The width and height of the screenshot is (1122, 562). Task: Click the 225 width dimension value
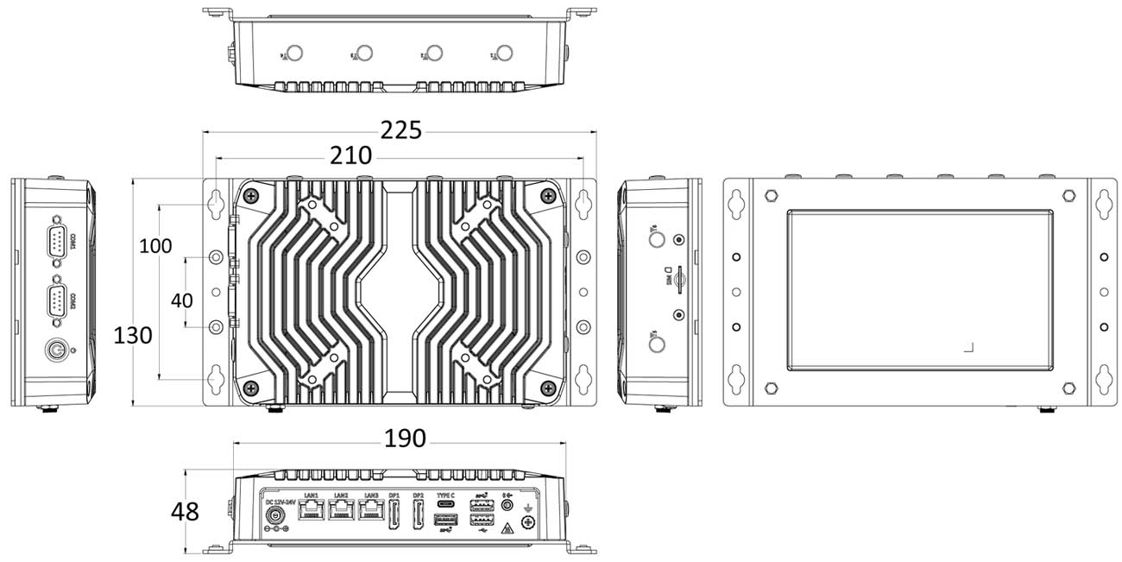click(402, 130)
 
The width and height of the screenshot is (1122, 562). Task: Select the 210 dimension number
click(351, 156)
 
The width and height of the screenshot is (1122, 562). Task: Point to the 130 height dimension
click(133, 335)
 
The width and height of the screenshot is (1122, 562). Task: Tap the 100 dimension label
click(155, 245)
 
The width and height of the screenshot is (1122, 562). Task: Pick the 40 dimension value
click(181, 300)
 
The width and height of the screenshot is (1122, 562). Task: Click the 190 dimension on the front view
click(405, 439)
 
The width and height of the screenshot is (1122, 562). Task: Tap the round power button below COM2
click(56, 350)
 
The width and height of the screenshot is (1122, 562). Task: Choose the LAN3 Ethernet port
click(371, 511)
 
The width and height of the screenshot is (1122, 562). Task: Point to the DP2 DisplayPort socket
click(418, 515)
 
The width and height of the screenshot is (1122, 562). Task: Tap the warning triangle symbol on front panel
click(507, 527)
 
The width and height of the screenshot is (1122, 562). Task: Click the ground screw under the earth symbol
click(527, 521)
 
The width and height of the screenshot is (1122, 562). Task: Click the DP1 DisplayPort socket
click(394, 515)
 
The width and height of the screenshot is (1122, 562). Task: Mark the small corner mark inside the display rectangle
click(969, 348)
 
